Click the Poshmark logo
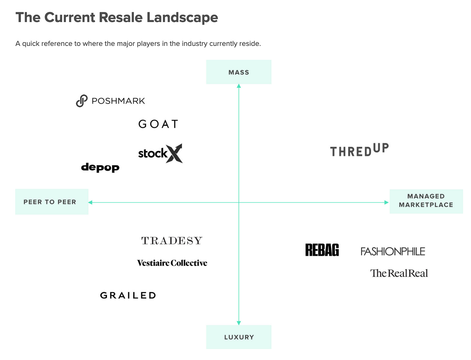click(x=111, y=101)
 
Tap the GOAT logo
click(x=158, y=124)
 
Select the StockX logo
click(x=160, y=154)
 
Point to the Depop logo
click(x=100, y=167)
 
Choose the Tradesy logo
click(x=172, y=241)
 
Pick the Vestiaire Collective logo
click(x=172, y=263)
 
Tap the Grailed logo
click(x=128, y=295)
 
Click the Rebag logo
click(x=322, y=250)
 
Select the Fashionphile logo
click(x=393, y=251)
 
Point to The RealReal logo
click(x=399, y=273)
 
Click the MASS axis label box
click(x=239, y=72)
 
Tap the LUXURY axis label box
click(x=239, y=337)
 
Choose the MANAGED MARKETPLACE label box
click(x=426, y=201)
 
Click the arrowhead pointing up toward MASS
click(x=239, y=86)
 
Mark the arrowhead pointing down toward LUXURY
click(x=239, y=323)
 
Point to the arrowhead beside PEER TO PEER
click(x=90, y=202)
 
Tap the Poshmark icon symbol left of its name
click(x=82, y=101)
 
